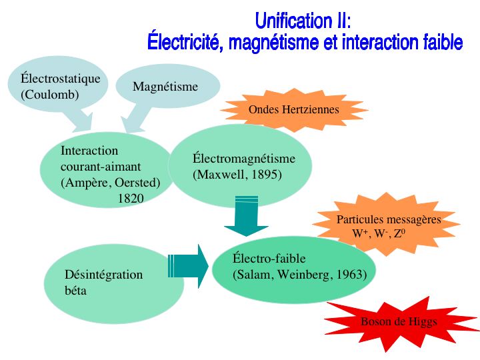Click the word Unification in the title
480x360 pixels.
click(292, 21)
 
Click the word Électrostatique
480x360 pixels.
click(61, 79)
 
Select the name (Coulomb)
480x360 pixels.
click(50, 94)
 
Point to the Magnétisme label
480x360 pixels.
click(165, 87)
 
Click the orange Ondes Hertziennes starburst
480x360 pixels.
click(294, 109)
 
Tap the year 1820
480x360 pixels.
click(131, 199)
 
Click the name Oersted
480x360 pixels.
click(135, 183)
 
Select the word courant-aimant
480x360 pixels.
click(101, 167)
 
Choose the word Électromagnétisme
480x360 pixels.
click(244, 158)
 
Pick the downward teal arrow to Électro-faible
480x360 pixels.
click(247, 216)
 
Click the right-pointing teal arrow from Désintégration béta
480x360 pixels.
click(188, 266)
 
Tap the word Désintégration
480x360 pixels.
click(104, 274)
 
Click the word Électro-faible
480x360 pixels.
click(269, 258)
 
